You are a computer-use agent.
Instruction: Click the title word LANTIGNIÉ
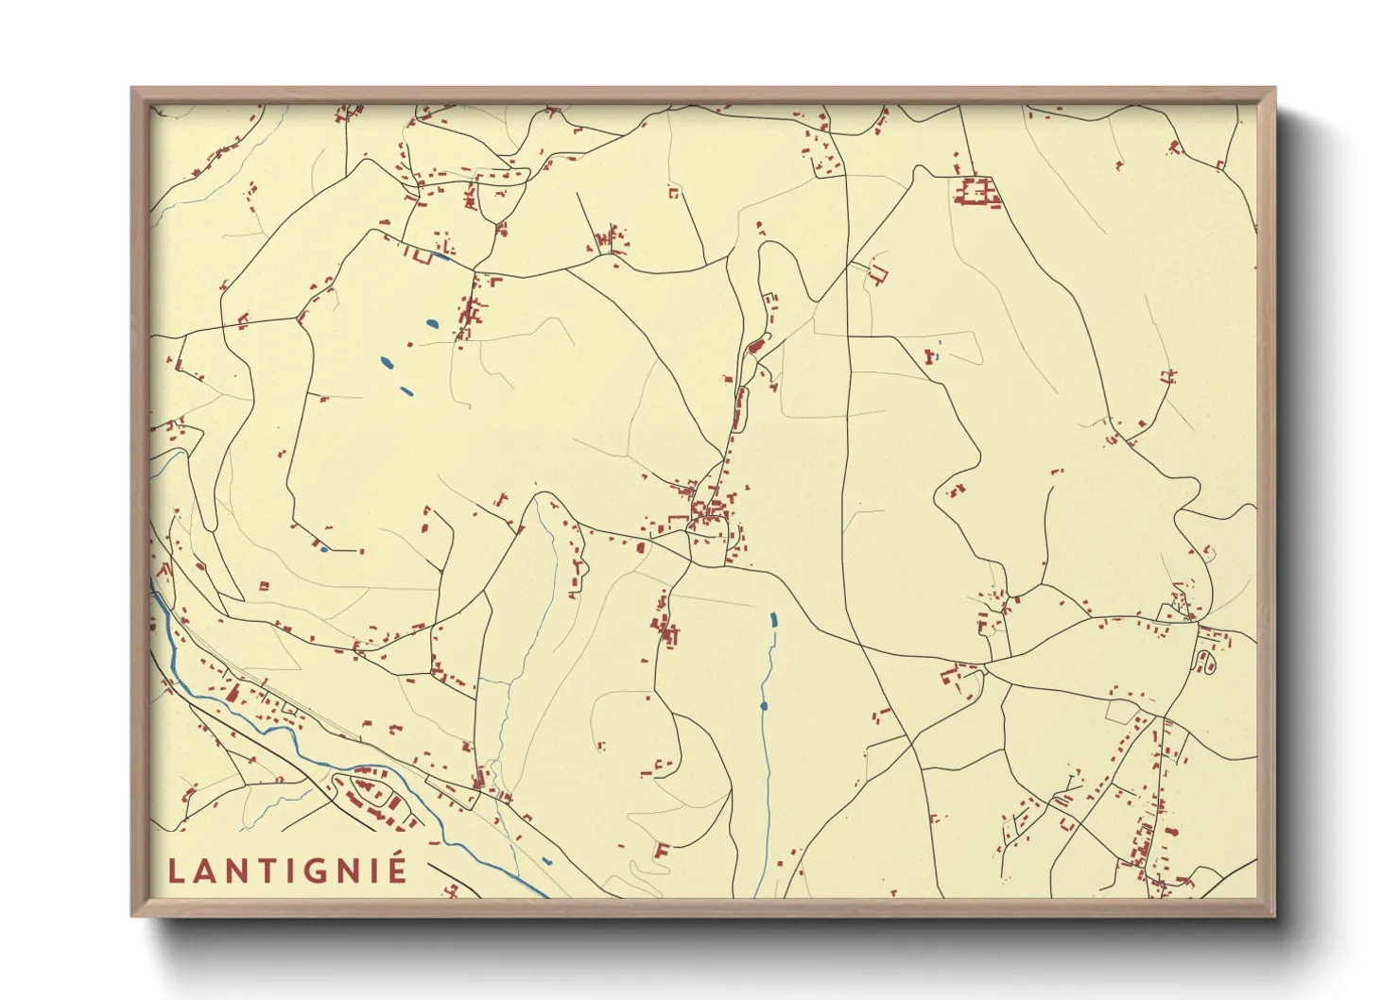click(x=287, y=870)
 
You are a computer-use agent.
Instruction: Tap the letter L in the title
click(x=175, y=871)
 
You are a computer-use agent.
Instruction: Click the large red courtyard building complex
click(x=976, y=192)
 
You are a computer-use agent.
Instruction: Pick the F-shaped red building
click(x=662, y=850)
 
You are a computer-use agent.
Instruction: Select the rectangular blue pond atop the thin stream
click(x=773, y=620)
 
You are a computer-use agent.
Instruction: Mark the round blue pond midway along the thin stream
click(x=764, y=705)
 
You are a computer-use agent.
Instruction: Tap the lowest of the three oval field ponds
click(x=406, y=390)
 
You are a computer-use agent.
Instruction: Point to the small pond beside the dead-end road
click(x=323, y=548)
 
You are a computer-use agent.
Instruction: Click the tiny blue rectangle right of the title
click(x=546, y=860)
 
